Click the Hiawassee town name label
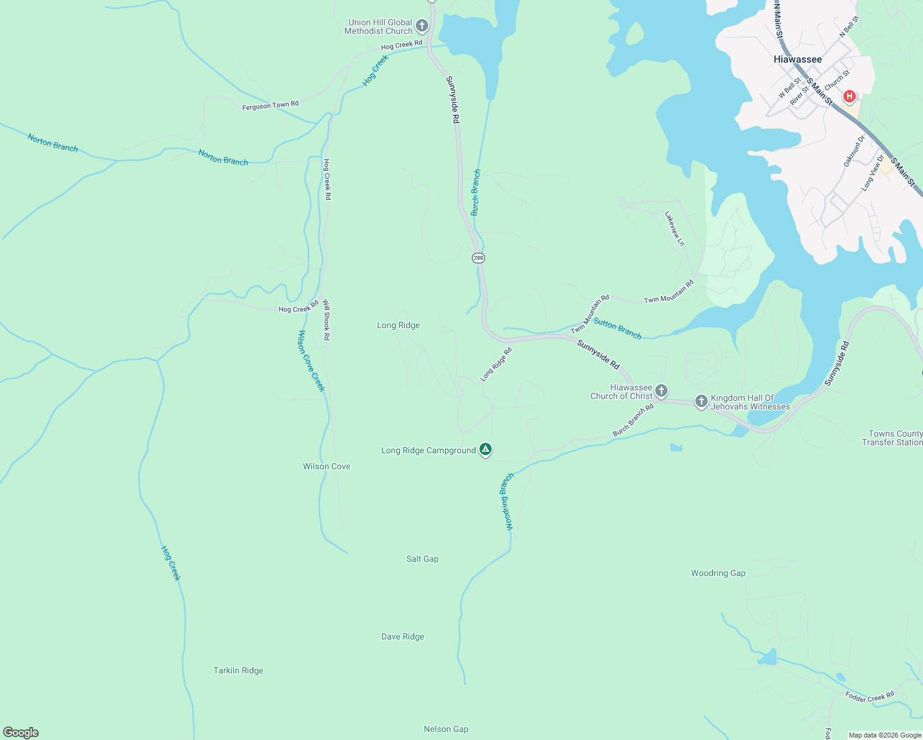pos(797,59)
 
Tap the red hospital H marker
pos(849,96)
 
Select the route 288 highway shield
pos(478,258)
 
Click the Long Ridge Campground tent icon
pos(486,450)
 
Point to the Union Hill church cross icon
pos(422,26)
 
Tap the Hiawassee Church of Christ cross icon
pos(661,390)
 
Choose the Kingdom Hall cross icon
pos(701,401)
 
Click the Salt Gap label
pos(423,559)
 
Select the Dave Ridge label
pos(403,636)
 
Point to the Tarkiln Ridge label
pos(238,670)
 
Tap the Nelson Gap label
pos(446,729)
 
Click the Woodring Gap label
pos(718,573)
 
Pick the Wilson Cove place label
pos(326,466)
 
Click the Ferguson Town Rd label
pos(270,105)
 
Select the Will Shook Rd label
pos(326,320)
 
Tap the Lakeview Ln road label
pos(674,229)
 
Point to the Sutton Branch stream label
pos(618,328)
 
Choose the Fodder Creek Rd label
pos(869,697)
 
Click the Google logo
pos(21,732)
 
